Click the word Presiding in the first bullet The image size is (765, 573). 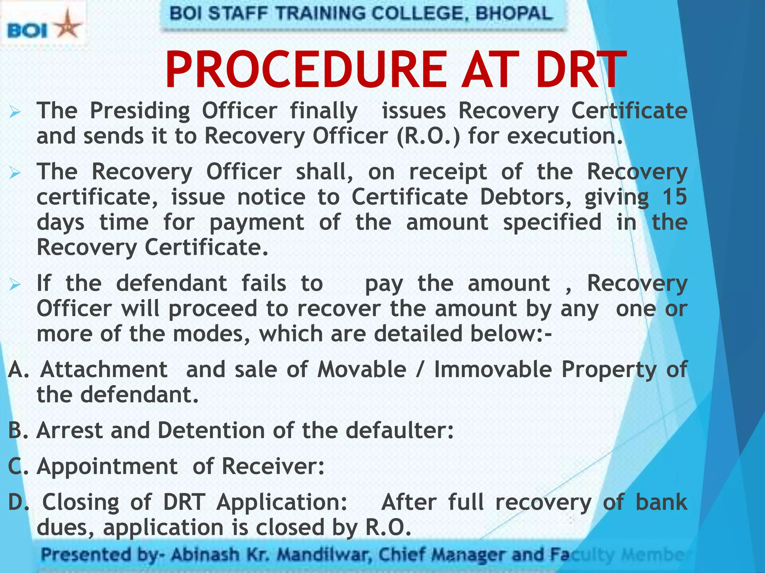pos(140,111)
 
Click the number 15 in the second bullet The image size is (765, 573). pos(674,197)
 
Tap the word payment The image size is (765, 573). pos(257,223)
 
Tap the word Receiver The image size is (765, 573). pos(273,466)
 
